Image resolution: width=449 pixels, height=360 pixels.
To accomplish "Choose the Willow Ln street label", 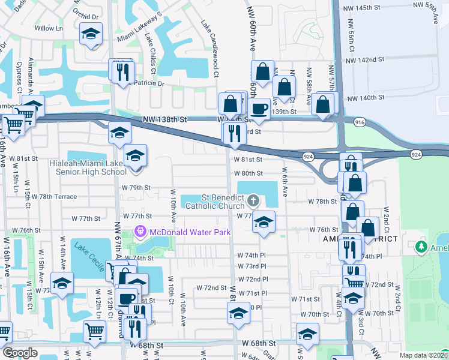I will (x=49, y=28).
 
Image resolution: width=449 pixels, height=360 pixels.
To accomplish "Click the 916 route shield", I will (x=360, y=122).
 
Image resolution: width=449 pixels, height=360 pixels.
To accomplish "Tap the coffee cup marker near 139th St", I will (x=259, y=109).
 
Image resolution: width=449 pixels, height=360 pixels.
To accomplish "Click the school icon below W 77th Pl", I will (x=263, y=222).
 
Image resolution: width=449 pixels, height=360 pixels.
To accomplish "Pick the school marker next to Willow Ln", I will (x=91, y=34).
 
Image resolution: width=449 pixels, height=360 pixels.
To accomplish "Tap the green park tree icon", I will (x=421, y=247).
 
